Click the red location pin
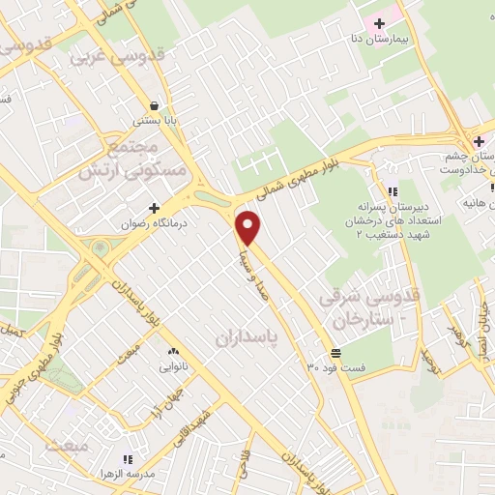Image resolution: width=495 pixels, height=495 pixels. point(249,228)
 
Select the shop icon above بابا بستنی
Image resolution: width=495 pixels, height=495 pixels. point(153,105)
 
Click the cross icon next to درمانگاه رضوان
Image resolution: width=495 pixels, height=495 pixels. point(154,208)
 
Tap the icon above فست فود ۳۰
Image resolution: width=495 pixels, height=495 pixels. point(335,352)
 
